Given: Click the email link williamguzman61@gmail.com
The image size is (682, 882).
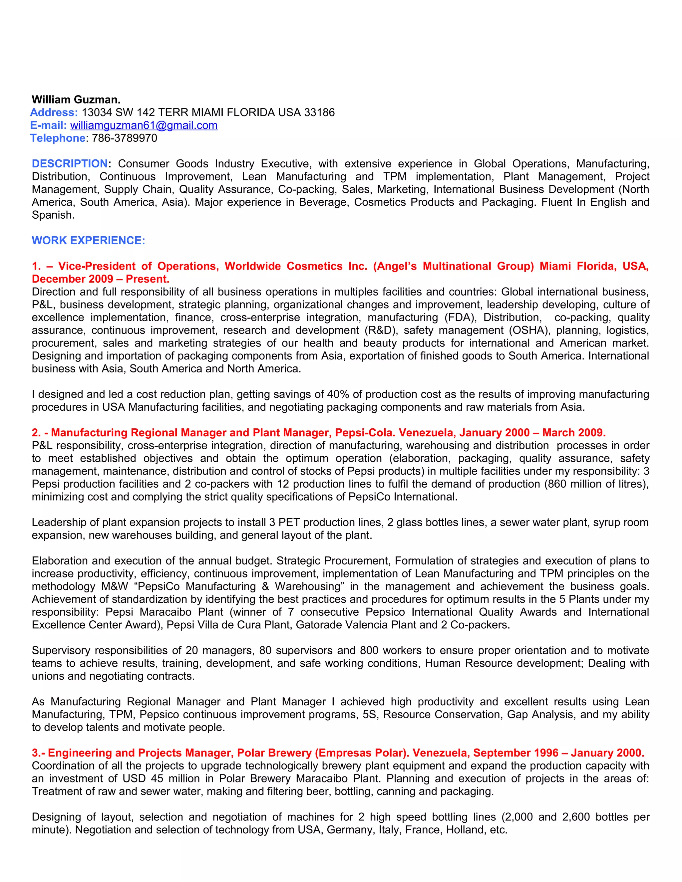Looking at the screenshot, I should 144,125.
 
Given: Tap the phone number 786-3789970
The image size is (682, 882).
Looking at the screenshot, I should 125,138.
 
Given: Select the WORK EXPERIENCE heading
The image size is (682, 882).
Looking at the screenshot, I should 88,240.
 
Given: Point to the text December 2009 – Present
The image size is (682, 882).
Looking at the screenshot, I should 101,279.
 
